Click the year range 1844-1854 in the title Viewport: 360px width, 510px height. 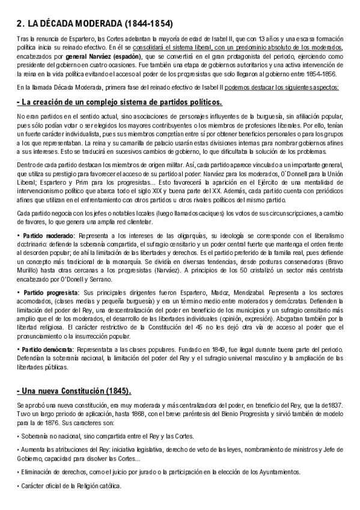click(147, 24)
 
